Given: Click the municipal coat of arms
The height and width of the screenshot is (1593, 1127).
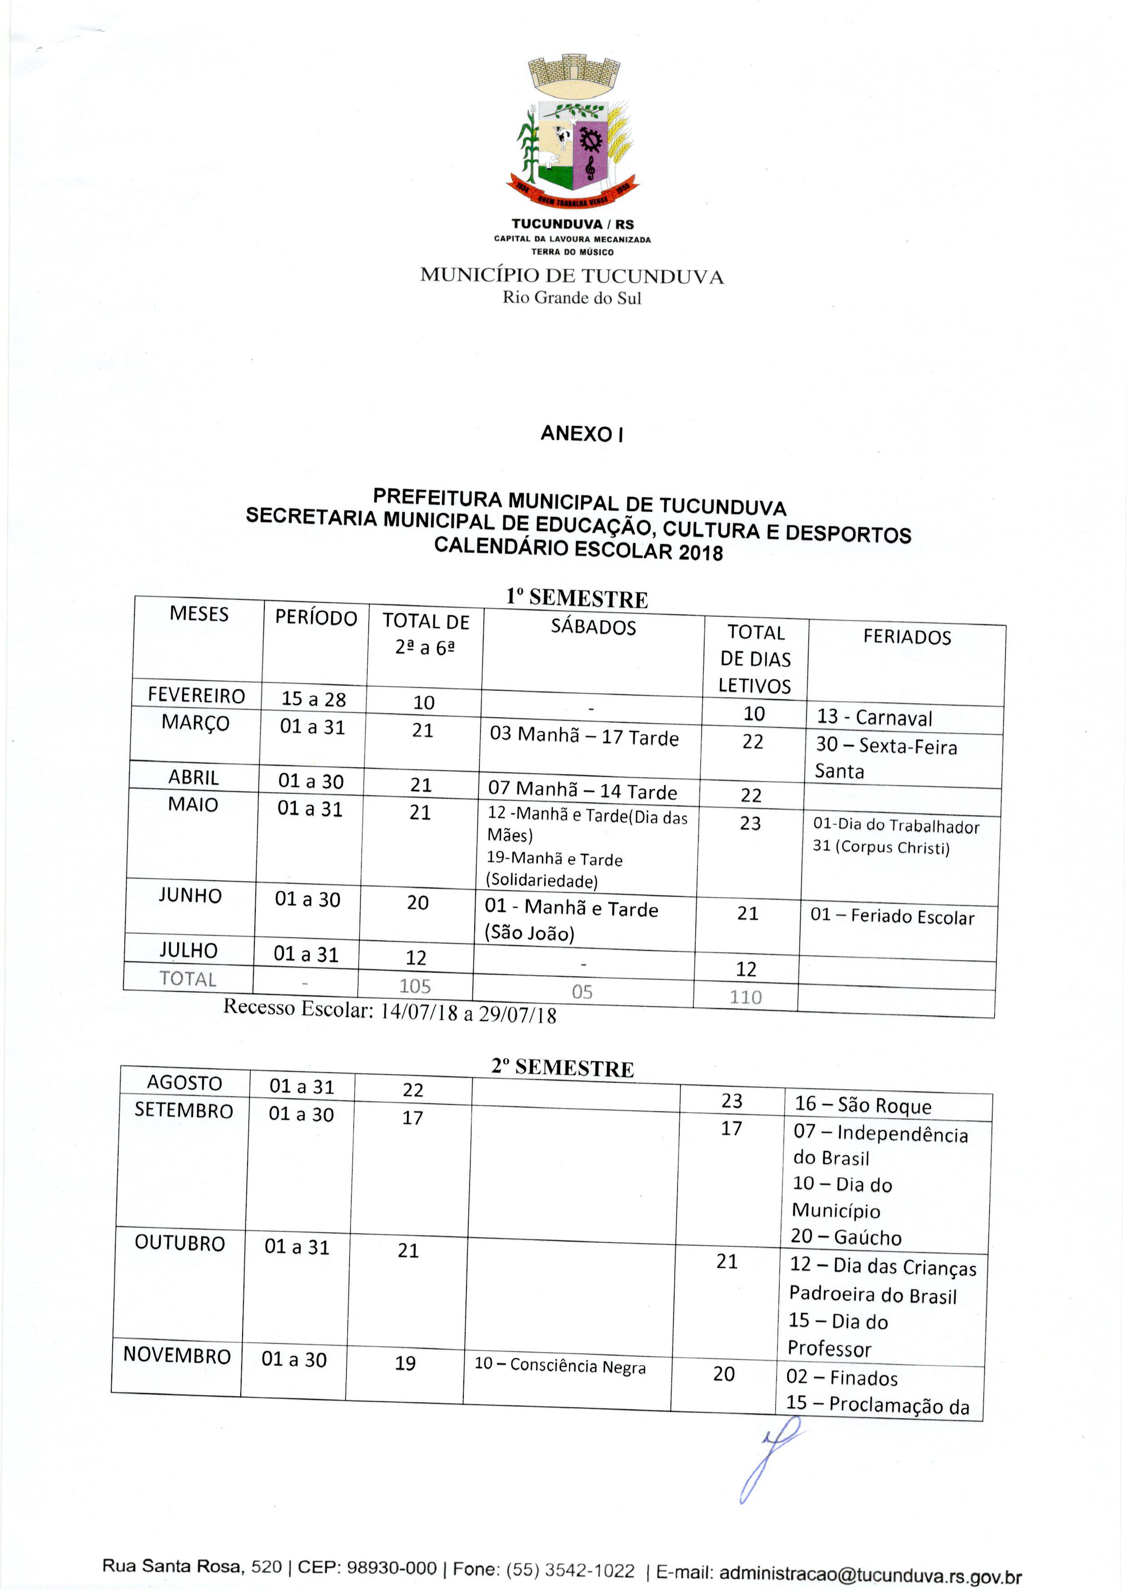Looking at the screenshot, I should coord(572,132).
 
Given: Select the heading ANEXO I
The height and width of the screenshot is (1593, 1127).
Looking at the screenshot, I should coord(581,434).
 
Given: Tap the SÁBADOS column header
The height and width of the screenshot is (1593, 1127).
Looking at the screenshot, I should coord(593,627).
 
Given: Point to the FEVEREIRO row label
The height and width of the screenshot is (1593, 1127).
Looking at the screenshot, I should coord(196,695).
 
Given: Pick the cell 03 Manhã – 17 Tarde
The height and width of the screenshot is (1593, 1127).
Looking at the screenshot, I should coord(584,736).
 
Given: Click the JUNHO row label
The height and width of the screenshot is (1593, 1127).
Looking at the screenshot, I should coord(190,896).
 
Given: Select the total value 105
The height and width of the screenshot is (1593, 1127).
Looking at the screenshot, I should coord(415,986).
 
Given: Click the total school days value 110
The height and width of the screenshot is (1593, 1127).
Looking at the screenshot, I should coord(745,997).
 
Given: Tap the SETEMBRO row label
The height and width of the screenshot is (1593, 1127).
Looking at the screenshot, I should coord(184,1111).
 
